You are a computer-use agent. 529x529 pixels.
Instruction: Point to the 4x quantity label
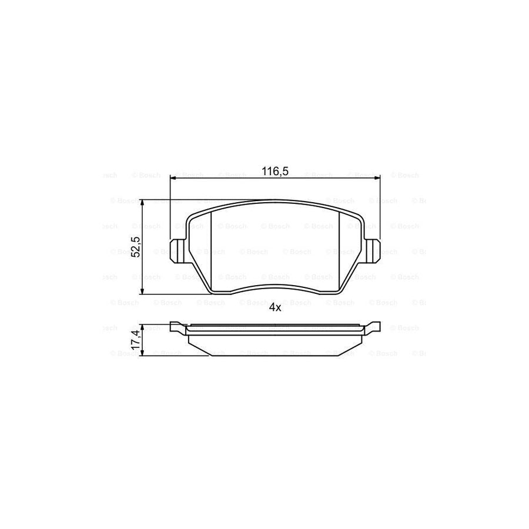tap(275, 307)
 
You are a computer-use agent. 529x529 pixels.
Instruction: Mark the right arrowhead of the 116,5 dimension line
tap(378, 176)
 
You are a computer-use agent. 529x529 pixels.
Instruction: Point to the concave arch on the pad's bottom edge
tap(275, 286)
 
